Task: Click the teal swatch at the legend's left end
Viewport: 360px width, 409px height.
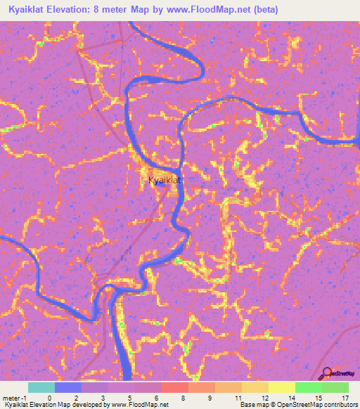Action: (x=41, y=387)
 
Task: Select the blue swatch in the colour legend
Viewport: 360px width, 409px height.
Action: (x=67, y=387)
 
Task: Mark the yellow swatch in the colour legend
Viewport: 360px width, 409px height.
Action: (x=281, y=387)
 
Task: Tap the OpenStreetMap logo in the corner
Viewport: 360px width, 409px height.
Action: (x=337, y=374)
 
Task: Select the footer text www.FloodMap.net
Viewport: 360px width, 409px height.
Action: (x=142, y=405)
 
